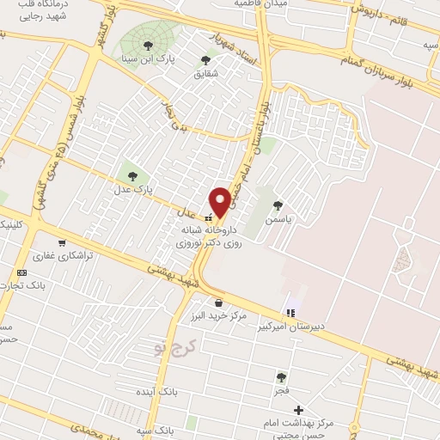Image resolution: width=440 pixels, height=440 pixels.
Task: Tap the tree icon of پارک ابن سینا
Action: pos(149,45)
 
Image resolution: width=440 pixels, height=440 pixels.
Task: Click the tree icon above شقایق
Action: pos(205,59)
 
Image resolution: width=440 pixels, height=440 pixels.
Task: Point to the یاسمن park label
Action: pos(278,219)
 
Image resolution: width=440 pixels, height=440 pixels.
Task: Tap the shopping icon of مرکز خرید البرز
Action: pos(219,302)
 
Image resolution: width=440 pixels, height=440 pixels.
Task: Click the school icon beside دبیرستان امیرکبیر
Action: pos(290,312)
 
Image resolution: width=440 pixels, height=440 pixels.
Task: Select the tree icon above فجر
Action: pos(281,376)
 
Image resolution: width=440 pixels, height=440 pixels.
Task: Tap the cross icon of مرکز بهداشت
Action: pos(298,410)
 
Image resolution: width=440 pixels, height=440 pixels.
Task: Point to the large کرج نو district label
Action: pos(175,346)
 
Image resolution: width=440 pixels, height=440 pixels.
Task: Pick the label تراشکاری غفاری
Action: pos(56,256)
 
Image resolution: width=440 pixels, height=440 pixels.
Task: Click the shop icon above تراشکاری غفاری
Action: pos(63,243)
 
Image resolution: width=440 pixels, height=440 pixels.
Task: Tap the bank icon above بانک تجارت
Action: pos(21,272)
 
